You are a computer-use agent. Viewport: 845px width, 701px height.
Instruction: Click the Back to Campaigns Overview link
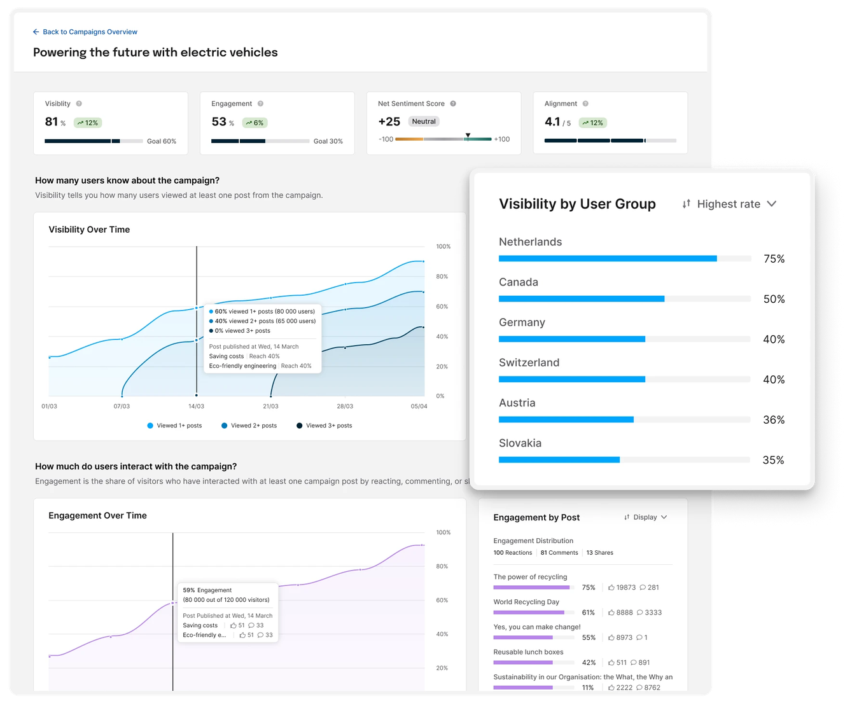pyautogui.click(x=85, y=32)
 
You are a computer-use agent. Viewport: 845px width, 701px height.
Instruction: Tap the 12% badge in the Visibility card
pyautogui.click(x=88, y=123)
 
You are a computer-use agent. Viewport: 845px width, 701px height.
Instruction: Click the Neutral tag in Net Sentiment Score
pyautogui.click(x=424, y=121)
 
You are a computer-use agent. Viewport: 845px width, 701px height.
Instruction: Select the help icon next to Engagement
pyautogui.click(x=260, y=104)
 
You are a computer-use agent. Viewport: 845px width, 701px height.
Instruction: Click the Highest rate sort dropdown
pyautogui.click(x=729, y=204)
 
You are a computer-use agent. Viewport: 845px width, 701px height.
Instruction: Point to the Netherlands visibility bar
pyautogui.click(x=608, y=259)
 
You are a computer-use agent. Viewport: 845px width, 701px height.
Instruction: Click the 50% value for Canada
pyautogui.click(x=774, y=299)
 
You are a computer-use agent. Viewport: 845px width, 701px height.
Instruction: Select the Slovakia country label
pyautogui.click(x=520, y=443)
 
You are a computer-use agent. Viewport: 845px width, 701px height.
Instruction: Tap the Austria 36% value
pyautogui.click(x=774, y=420)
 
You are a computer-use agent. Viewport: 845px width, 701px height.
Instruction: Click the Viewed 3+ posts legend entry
pyautogui.click(x=325, y=426)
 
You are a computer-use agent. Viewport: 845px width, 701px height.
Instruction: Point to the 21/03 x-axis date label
pyautogui.click(x=270, y=406)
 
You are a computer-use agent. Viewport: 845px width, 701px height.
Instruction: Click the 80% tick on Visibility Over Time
pyautogui.click(x=442, y=277)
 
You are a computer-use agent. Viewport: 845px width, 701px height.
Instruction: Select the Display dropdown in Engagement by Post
pyautogui.click(x=646, y=517)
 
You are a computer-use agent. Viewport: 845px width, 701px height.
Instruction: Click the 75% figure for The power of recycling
pyautogui.click(x=589, y=588)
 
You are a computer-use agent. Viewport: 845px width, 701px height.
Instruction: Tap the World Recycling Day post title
pyautogui.click(x=526, y=602)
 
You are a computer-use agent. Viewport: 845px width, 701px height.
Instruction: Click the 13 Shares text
pyautogui.click(x=599, y=553)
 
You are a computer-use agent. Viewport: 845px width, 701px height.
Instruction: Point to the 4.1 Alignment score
pyautogui.click(x=552, y=121)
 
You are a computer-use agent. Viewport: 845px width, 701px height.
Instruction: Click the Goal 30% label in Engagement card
pyautogui.click(x=328, y=141)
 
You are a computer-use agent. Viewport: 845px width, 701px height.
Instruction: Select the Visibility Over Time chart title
pyautogui.click(x=89, y=230)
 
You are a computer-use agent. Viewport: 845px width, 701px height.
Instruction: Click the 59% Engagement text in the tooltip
pyautogui.click(x=207, y=590)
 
